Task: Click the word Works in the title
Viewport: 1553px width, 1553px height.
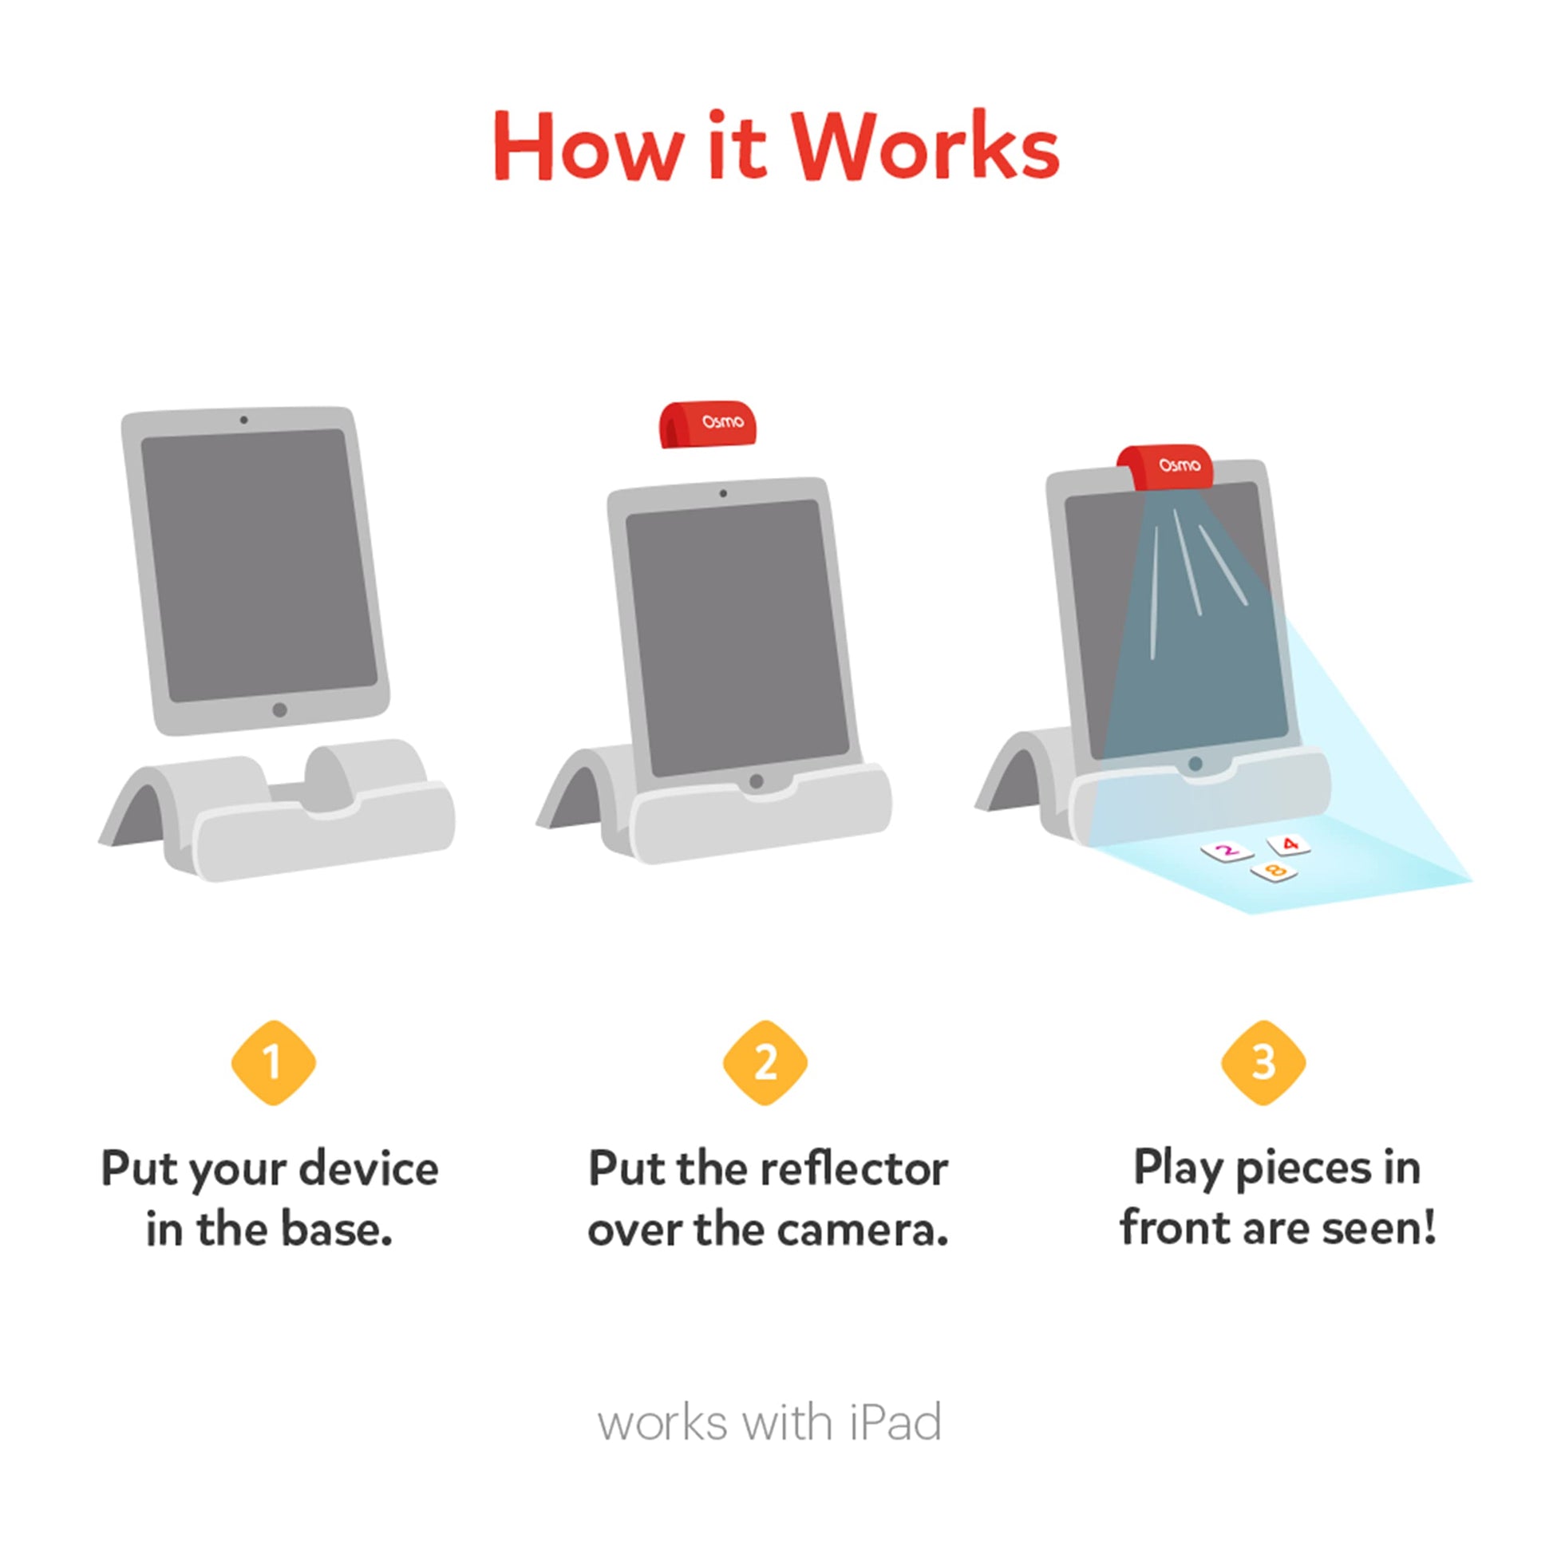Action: (927, 146)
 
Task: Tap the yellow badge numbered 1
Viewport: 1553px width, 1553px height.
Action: (273, 1063)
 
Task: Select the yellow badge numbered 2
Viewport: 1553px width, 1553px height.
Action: (765, 1063)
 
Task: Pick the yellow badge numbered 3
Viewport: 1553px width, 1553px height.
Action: (1263, 1063)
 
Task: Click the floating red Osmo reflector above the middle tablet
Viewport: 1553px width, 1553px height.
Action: (708, 424)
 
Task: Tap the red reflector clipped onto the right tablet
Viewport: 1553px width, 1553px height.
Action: (1165, 467)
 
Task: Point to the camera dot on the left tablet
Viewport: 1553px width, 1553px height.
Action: (243, 421)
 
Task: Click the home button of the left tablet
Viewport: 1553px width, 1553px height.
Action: (280, 709)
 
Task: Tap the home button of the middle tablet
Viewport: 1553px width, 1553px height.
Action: (756, 780)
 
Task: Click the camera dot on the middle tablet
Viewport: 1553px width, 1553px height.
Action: (724, 493)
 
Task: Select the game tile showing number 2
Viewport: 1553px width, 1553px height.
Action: (1227, 852)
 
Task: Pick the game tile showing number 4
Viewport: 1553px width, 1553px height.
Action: (1290, 844)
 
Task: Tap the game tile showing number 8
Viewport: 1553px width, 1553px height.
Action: (1274, 871)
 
